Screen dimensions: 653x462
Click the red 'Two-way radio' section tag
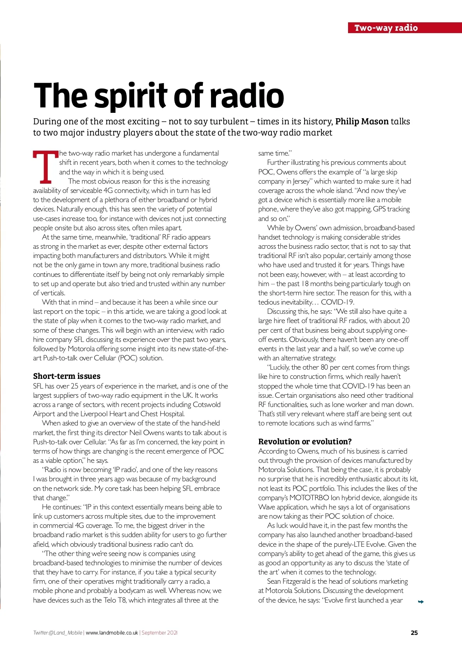coord(386,28)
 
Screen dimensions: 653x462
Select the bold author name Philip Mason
coord(362,122)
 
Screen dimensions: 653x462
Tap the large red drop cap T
coord(45,167)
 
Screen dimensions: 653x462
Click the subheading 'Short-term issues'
coord(67,376)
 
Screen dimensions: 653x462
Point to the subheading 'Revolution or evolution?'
coord(305,441)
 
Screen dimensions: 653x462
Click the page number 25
coord(414,633)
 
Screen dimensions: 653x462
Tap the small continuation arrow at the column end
coord(421,602)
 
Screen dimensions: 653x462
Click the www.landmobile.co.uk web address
coord(112,633)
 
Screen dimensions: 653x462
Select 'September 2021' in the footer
coord(159,633)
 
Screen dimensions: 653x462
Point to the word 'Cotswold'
coord(207,405)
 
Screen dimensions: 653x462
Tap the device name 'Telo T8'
coord(115,600)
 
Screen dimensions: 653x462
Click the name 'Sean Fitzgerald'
coord(290,581)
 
